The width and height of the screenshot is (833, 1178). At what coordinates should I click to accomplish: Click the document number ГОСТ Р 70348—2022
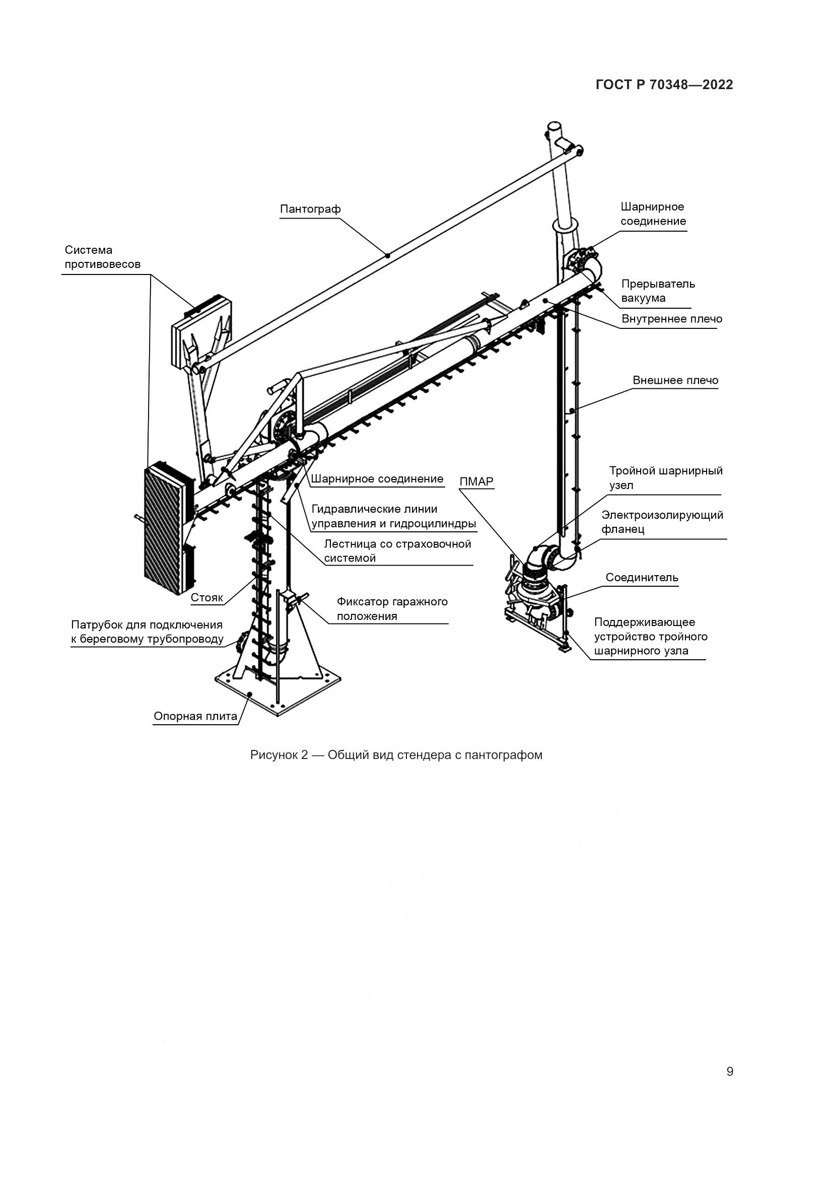tap(664, 85)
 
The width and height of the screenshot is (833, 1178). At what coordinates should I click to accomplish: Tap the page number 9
tap(730, 1072)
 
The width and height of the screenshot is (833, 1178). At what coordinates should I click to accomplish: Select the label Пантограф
tap(310, 210)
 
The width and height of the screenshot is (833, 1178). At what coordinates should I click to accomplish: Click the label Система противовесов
tap(103, 257)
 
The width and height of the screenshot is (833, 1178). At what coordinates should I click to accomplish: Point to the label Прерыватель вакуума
tap(658, 291)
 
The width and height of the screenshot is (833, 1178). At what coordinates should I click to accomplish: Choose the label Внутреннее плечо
tap(671, 319)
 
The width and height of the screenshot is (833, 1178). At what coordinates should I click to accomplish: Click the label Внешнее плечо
tap(675, 381)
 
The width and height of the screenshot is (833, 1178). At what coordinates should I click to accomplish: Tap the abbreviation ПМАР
tap(476, 482)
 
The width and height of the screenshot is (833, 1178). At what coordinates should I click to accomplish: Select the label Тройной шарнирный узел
tap(665, 478)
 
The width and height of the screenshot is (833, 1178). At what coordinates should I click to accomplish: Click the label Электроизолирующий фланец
tap(662, 522)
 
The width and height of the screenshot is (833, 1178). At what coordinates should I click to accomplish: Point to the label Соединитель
tap(642, 578)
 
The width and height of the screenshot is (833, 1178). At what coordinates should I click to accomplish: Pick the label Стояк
tap(206, 598)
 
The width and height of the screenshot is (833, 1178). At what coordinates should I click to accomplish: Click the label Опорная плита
tap(195, 716)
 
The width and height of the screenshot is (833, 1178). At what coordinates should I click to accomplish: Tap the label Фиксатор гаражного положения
tap(392, 609)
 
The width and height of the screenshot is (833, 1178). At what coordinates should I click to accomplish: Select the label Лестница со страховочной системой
tap(397, 551)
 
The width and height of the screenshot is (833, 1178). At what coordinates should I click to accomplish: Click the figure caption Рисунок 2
tap(396, 755)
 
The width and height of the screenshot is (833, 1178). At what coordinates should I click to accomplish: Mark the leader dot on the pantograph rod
tap(388, 255)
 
